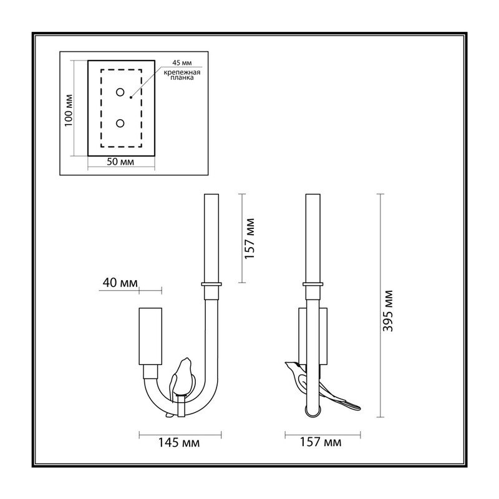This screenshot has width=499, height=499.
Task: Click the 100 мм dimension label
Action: [69, 110]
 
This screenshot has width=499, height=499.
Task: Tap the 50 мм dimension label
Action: [120, 162]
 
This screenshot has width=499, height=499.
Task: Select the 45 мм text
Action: [182, 63]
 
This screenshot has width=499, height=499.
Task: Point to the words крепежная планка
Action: [182, 75]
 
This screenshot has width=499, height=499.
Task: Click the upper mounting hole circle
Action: [120, 92]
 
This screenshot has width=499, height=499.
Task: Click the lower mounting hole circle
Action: [120, 123]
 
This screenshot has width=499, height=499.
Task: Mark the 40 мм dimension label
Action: [120, 283]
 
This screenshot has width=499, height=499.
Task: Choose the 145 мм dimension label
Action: [179, 443]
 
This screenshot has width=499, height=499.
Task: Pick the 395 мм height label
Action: [388, 311]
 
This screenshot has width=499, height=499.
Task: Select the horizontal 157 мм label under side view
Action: [321, 442]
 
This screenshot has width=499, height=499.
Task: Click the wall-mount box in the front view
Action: [150, 336]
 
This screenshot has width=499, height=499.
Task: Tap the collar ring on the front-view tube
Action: [211, 284]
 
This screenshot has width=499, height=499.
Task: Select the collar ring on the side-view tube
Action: [313, 284]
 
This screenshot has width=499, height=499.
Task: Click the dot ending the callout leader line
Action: [131, 97]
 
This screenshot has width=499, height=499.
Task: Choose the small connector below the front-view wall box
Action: [150, 371]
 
